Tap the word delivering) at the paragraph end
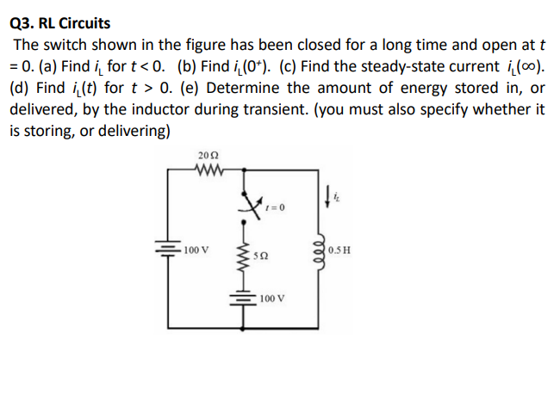coord(132,130)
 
